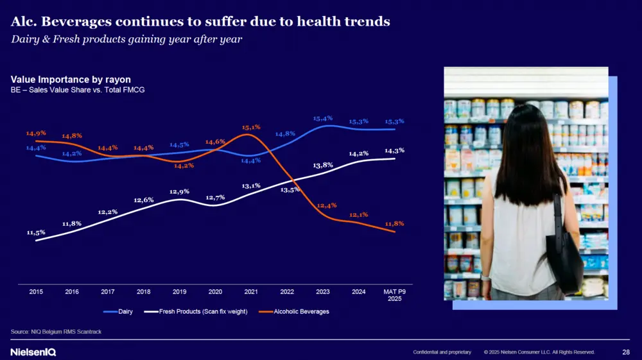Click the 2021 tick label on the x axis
click(x=251, y=291)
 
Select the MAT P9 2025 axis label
click(x=395, y=295)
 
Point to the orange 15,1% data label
click(x=251, y=127)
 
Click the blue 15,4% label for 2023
click(x=323, y=118)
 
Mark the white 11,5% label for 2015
click(x=36, y=232)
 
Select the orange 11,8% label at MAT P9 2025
click(x=395, y=223)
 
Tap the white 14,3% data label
click(x=395, y=150)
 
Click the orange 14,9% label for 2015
click(x=36, y=133)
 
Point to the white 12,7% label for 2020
click(x=215, y=197)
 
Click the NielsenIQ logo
click(x=33, y=352)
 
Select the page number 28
click(x=626, y=352)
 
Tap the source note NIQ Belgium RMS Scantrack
click(x=56, y=331)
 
